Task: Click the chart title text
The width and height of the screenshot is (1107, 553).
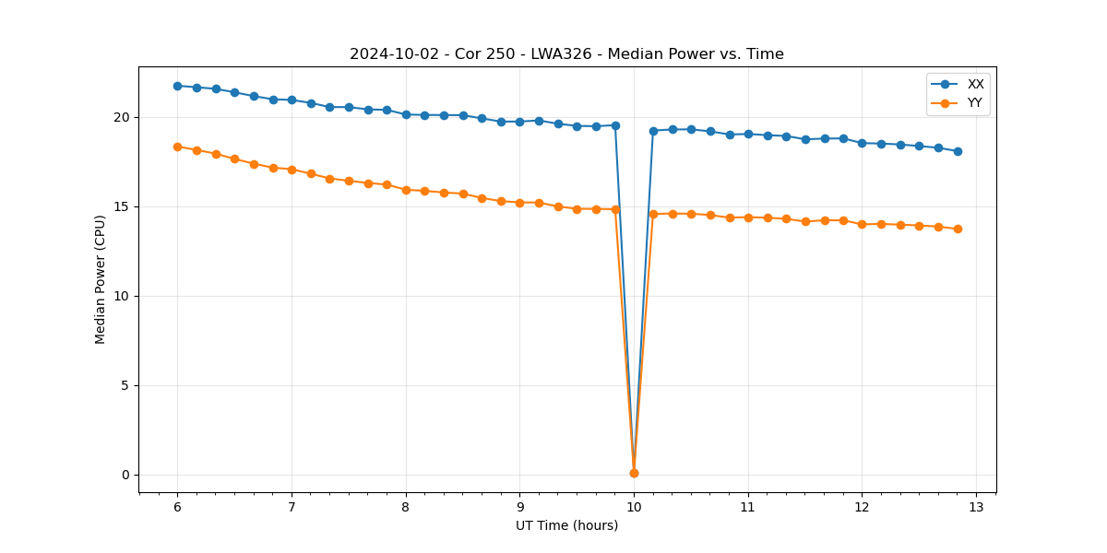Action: (x=566, y=54)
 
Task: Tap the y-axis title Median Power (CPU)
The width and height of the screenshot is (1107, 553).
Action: (x=101, y=279)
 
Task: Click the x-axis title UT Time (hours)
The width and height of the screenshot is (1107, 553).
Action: (x=566, y=525)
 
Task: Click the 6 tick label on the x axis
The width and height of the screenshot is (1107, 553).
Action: (x=177, y=507)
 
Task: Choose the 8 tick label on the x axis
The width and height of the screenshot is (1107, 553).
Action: (x=406, y=507)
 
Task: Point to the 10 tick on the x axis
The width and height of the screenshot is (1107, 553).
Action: (x=634, y=507)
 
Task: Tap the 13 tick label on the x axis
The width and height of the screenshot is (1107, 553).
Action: (x=976, y=507)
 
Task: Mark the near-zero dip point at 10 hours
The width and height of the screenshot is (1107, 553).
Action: (x=634, y=473)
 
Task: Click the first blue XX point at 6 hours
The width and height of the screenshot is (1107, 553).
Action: (x=177, y=86)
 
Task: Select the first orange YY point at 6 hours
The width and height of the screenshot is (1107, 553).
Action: (x=177, y=147)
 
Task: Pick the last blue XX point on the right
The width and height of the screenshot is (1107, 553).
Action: (x=958, y=151)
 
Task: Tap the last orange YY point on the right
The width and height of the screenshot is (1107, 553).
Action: (x=958, y=229)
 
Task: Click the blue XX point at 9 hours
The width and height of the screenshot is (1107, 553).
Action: (x=519, y=122)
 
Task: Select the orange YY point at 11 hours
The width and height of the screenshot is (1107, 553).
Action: (x=748, y=218)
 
